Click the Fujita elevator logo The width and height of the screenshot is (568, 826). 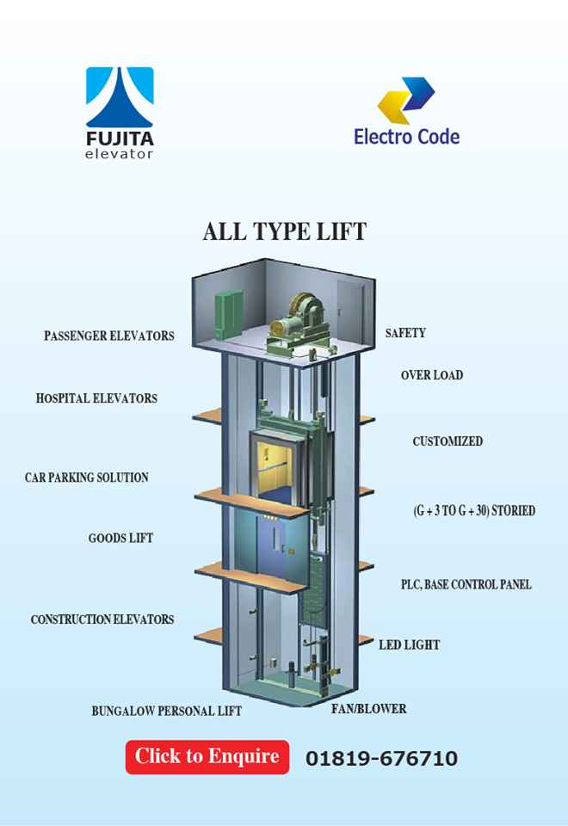[120, 113]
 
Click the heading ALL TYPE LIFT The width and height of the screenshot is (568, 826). [284, 231]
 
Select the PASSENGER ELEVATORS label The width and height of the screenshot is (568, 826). [109, 336]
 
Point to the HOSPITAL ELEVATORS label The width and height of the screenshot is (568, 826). [96, 398]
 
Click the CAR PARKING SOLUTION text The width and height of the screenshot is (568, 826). [86, 478]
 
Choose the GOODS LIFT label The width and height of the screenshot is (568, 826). [120, 539]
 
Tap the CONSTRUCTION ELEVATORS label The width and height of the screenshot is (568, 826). [102, 619]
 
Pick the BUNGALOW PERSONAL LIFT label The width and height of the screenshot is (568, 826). [166, 712]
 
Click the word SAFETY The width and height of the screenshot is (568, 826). [405, 333]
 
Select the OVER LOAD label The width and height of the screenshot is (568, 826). [431, 375]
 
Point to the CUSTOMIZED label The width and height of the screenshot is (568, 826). [448, 441]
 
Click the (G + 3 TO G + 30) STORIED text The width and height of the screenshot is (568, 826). [474, 510]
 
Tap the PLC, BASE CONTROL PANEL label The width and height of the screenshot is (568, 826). [466, 584]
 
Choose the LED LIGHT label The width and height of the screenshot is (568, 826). [410, 644]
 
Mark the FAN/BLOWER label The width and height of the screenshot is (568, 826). [369, 709]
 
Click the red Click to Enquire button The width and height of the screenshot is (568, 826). [207, 756]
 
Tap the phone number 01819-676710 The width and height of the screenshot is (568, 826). [381, 759]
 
